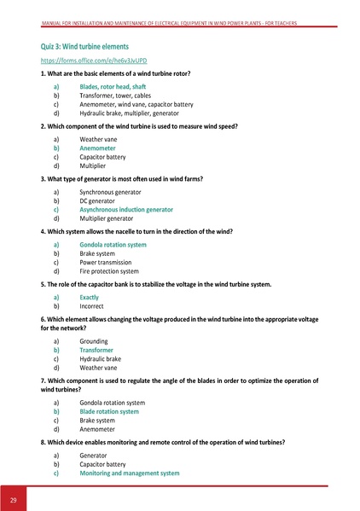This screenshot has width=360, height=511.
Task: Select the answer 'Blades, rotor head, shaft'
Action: [113, 87]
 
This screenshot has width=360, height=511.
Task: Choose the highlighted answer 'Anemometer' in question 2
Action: [97, 148]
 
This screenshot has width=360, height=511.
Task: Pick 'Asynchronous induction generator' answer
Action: [125, 209]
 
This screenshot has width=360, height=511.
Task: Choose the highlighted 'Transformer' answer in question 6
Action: [96, 350]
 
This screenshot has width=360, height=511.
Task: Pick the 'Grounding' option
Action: [93, 340]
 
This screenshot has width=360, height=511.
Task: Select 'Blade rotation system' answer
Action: [109, 411]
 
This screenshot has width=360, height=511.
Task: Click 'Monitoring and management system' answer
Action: [129, 473]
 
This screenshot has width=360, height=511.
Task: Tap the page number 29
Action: [15, 498]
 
